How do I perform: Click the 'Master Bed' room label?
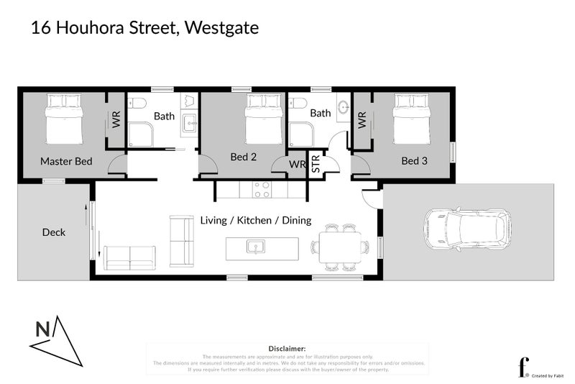[x=66, y=161]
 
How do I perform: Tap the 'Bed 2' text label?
[x=244, y=157]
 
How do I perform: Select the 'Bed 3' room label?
[x=414, y=161]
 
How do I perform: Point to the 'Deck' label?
[x=54, y=232]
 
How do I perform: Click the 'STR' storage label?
[x=316, y=165]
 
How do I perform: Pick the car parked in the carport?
[x=467, y=229]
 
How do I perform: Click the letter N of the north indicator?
[x=43, y=329]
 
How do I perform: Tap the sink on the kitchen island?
[x=254, y=247]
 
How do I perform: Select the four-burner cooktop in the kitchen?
[x=262, y=189]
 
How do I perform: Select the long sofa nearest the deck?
[x=130, y=257]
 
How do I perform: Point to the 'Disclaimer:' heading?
[x=287, y=348]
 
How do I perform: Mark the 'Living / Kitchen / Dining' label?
[x=255, y=220]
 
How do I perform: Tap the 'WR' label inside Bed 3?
[x=362, y=119]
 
